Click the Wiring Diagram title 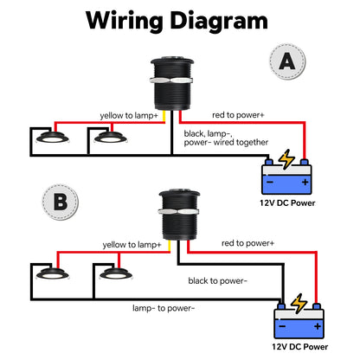click(x=180, y=20)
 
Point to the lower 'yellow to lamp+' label click(x=130, y=246)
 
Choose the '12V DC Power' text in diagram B click(x=300, y=346)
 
